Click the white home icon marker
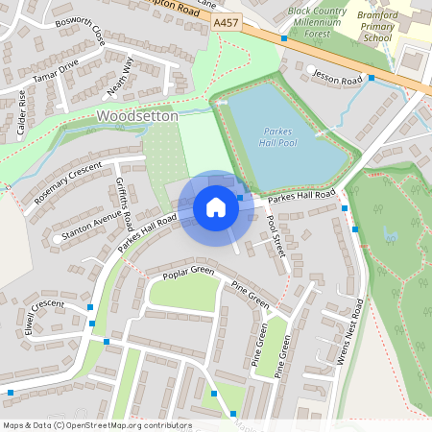[x=216, y=206]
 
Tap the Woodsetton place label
[x=137, y=115]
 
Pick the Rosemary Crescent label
[x=67, y=181]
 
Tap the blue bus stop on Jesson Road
[x=371, y=78]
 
